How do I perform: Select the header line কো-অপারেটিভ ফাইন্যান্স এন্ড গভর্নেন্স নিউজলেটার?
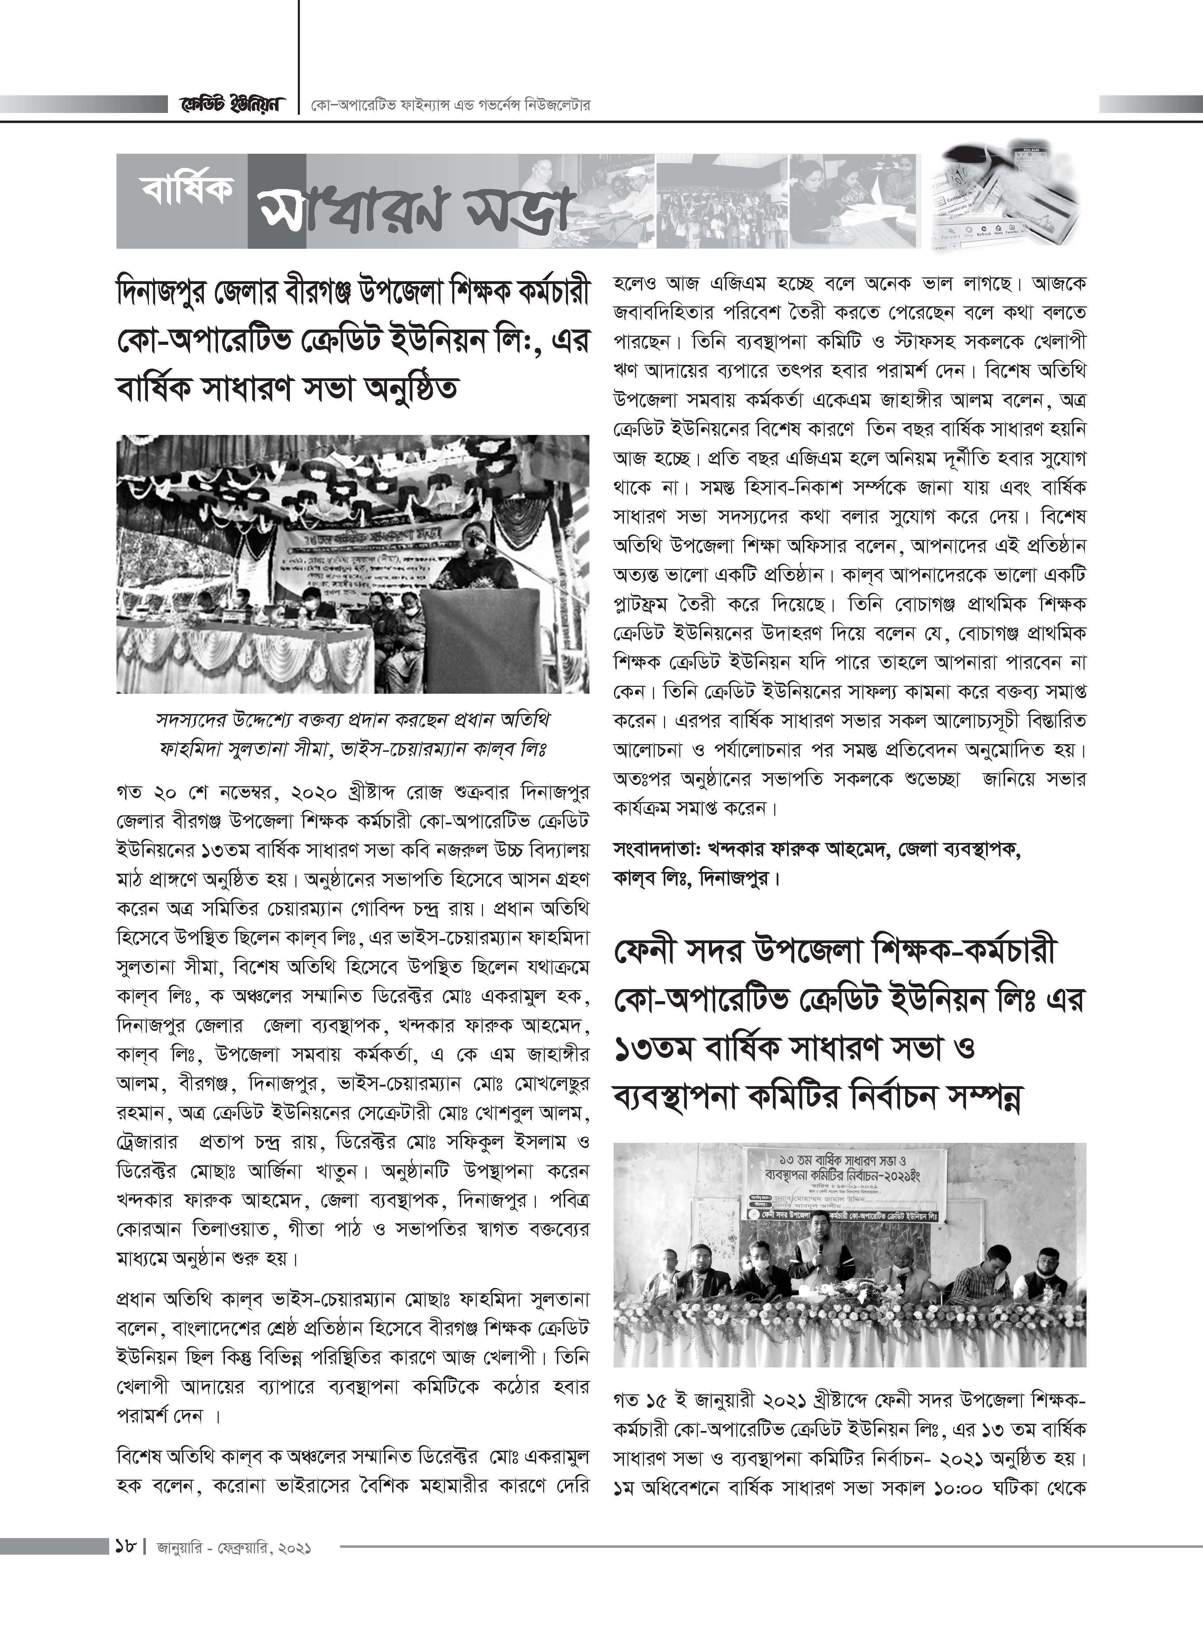tap(448, 106)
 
